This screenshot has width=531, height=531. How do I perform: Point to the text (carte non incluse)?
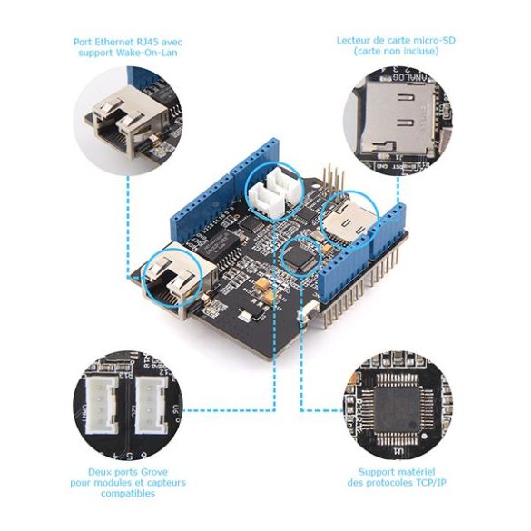click(396, 51)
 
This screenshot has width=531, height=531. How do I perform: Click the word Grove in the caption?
click(155, 472)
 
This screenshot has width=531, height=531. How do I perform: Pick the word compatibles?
click(128, 493)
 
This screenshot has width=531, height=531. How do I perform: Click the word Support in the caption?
click(376, 472)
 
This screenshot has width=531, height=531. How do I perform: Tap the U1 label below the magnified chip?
click(398, 451)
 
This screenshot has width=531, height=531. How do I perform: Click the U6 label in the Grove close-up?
click(175, 410)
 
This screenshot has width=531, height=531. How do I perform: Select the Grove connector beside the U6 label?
click(151, 406)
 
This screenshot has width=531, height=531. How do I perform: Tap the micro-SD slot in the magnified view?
click(394, 116)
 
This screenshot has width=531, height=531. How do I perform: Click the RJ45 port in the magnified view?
click(125, 118)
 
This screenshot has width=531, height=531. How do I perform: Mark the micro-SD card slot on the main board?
click(349, 221)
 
